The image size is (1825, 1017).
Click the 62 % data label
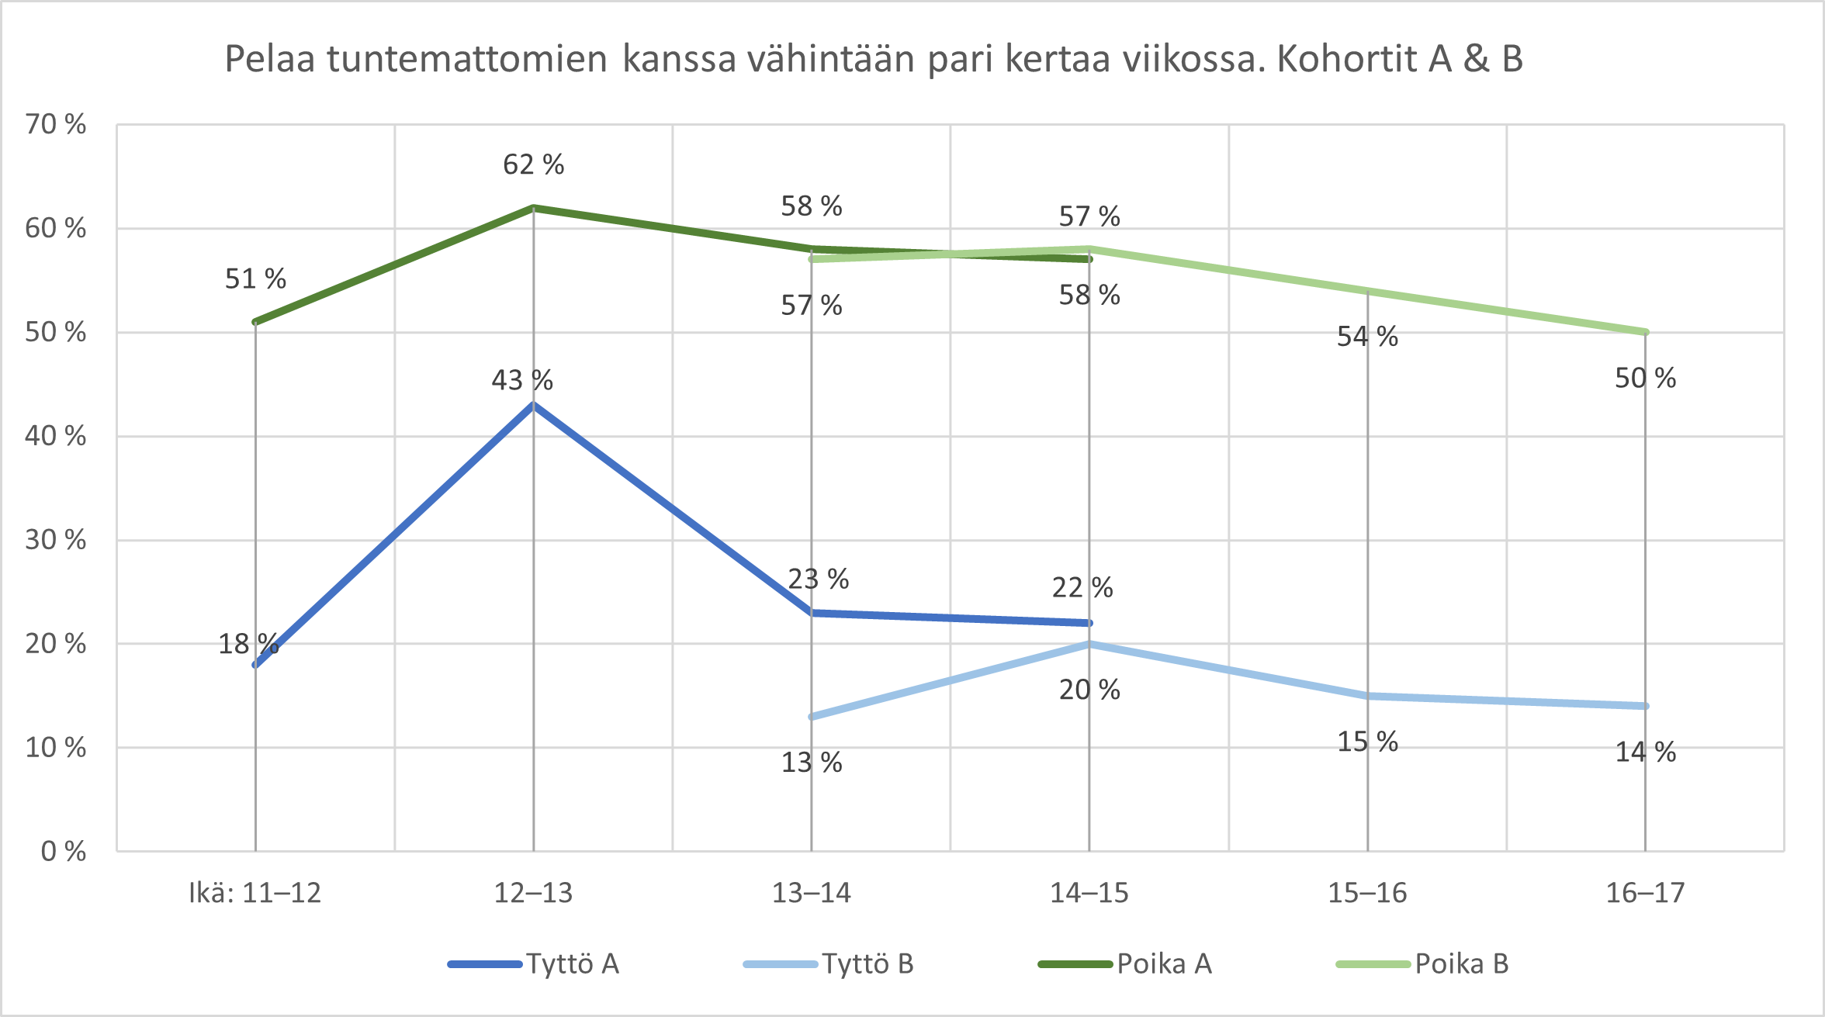click(x=533, y=164)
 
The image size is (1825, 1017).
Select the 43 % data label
click(x=521, y=380)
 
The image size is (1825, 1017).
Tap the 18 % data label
click(x=248, y=644)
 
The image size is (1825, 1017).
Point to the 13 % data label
click(x=811, y=763)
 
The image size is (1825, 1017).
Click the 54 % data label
click(x=1366, y=337)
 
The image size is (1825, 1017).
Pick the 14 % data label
click(x=1645, y=752)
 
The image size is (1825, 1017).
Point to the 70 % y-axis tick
click(x=55, y=124)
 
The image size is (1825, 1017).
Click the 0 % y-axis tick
click(x=63, y=851)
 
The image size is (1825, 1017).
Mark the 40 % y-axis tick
click(x=55, y=436)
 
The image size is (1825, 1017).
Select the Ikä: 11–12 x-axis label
click(x=255, y=893)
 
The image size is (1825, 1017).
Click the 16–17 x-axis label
click(x=1645, y=893)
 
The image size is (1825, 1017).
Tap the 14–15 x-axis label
click(x=1089, y=893)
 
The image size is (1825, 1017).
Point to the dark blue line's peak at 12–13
click(x=533, y=405)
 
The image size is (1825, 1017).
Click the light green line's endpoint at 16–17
click(x=1645, y=332)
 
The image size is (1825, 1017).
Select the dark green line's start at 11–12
click(x=255, y=322)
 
